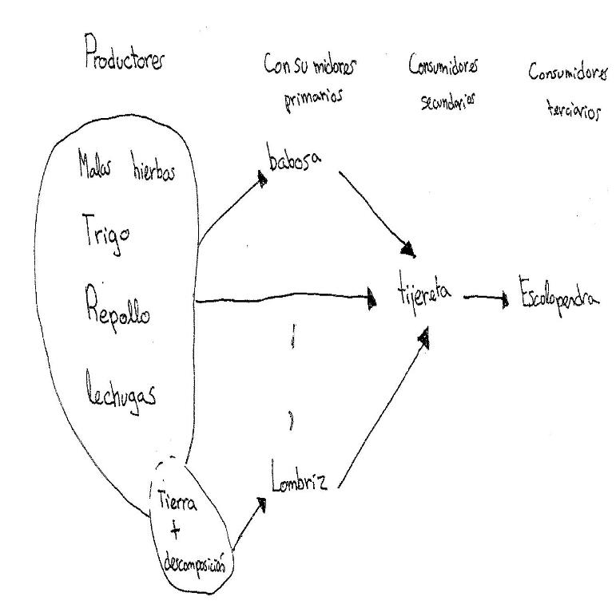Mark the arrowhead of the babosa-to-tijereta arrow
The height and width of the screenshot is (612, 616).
click(x=410, y=252)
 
